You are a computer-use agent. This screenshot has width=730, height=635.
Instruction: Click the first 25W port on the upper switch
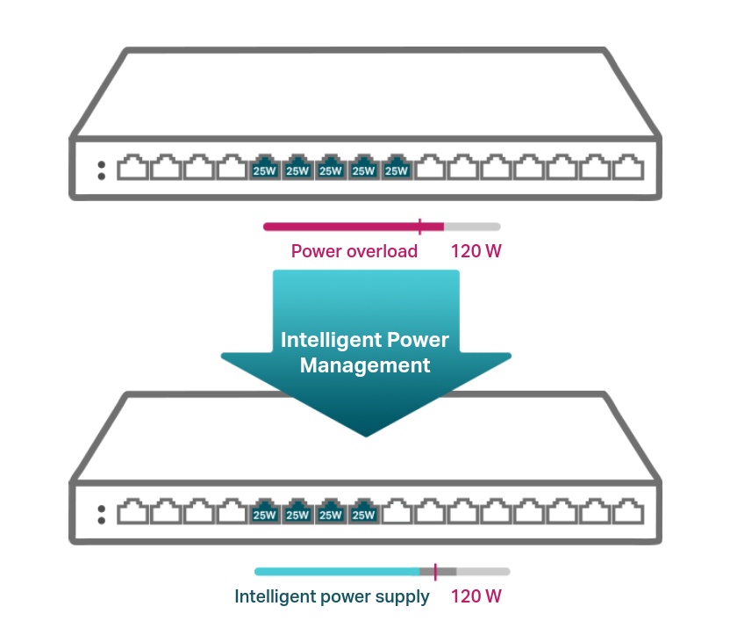(x=264, y=167)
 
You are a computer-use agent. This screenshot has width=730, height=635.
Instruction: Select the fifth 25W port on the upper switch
(x=397, y=167)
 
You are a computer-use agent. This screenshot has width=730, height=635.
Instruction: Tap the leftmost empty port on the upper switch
(x=132, y=167)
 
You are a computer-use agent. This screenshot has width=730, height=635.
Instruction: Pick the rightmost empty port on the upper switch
(x=628, y=167)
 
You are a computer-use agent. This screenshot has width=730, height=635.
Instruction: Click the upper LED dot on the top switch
(x=102, y=164)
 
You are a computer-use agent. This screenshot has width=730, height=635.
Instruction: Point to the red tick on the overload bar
(x=420, y=227)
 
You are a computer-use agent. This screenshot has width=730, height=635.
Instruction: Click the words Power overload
(x=354, y=251)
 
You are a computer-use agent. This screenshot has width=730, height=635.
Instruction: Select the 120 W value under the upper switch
(x=476, y=251)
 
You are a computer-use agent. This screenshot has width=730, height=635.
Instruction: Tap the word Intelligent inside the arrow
(x=331, y=340)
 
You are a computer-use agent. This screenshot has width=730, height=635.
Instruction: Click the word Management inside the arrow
(x=365, y=365)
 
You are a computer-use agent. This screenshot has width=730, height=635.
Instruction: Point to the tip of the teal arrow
(x=366, y=437)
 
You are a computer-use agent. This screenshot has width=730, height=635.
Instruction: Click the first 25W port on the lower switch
(x=264, y=511)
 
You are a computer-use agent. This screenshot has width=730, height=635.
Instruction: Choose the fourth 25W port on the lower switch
(x=363, y=511)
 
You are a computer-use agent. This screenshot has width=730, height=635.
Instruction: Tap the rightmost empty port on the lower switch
(x=628, y=511)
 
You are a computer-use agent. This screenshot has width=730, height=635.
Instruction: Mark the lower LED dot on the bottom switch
(x=102, y=520)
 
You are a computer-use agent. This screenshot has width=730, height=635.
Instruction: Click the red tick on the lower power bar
(x=435, y=572)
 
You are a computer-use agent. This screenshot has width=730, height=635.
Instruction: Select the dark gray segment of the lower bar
(x=438, y=572)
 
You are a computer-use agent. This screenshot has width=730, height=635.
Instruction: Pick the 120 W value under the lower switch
(x=476, y=595)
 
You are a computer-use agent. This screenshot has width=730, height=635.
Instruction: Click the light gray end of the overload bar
(x=472, y=227)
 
